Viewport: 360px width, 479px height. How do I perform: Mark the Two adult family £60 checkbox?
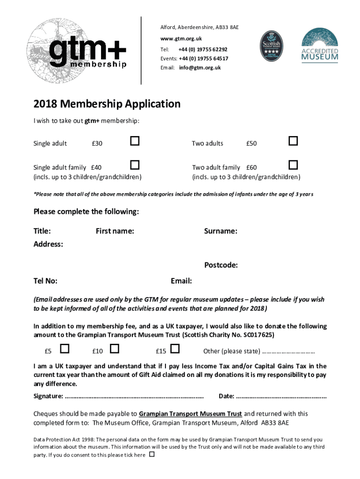[x=293, y=165]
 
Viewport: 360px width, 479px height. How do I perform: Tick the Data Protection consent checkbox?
[x=151, y=454]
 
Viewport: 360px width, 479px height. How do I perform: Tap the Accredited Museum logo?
[x=319, y=45]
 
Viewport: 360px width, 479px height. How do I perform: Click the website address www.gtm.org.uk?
[x=181, y=38]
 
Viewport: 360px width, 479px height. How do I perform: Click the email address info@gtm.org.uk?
[x=199, y=68]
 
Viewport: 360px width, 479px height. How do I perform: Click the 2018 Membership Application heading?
[x=107, y=104]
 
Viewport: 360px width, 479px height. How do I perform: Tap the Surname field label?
[x=220, y=231]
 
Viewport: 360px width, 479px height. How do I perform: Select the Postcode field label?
[x=221, y=265]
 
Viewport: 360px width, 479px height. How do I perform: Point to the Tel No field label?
[x=45, y=281]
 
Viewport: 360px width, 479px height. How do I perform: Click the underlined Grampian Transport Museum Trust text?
[x=190, y=414]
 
